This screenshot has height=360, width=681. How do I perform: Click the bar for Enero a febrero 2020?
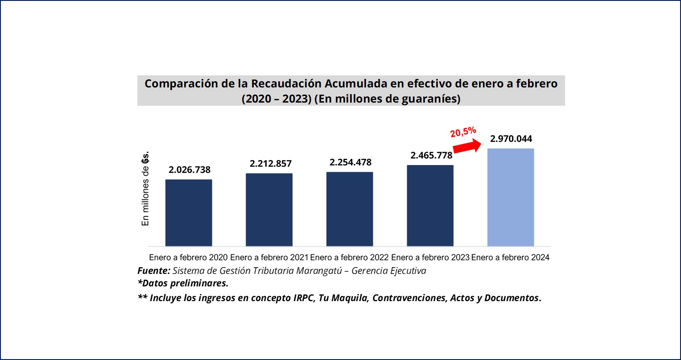pyautogui.click(x=189, y=213)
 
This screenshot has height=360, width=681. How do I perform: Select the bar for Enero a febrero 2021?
pyautogui.click(x=269, y=210)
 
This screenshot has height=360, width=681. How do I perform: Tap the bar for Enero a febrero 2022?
pyautogui.click(x=350, y=209)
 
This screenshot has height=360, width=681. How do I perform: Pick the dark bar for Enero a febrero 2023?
pyautogui.click(x=430, y=206)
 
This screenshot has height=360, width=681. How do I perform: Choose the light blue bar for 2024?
pyautogui.click(x=510, y=197)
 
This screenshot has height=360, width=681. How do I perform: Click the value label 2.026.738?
pyautogui.click(x=190, y=170)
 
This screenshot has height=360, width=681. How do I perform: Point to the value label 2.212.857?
pyautogui.click(x=271, y=164)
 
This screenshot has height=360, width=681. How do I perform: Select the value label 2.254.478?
pyautogui.click(x=351, y=162)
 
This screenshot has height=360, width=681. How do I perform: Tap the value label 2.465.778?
pyautogui.click(x=431, y=156)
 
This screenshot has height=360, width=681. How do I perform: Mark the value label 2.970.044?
pyautogui.click(x=511, y=139)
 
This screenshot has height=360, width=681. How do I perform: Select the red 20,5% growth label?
pyautogui.click(x=463, y=132)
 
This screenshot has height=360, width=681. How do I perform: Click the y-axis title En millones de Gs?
pyautogui.click(x=145, y=189)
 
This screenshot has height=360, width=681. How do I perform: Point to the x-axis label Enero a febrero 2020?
pyautogui.click(x=188, y=258)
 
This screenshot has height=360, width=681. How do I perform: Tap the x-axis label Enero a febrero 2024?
pyautogui.click(x=510, y=258)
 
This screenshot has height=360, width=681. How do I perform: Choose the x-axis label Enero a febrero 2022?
pyautogui.click(x=350, y=258)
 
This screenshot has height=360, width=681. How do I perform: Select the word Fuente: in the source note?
pyautogui.click(x=153, y=271)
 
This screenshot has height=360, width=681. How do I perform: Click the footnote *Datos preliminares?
pyautogui.click(x=183, y=284)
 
